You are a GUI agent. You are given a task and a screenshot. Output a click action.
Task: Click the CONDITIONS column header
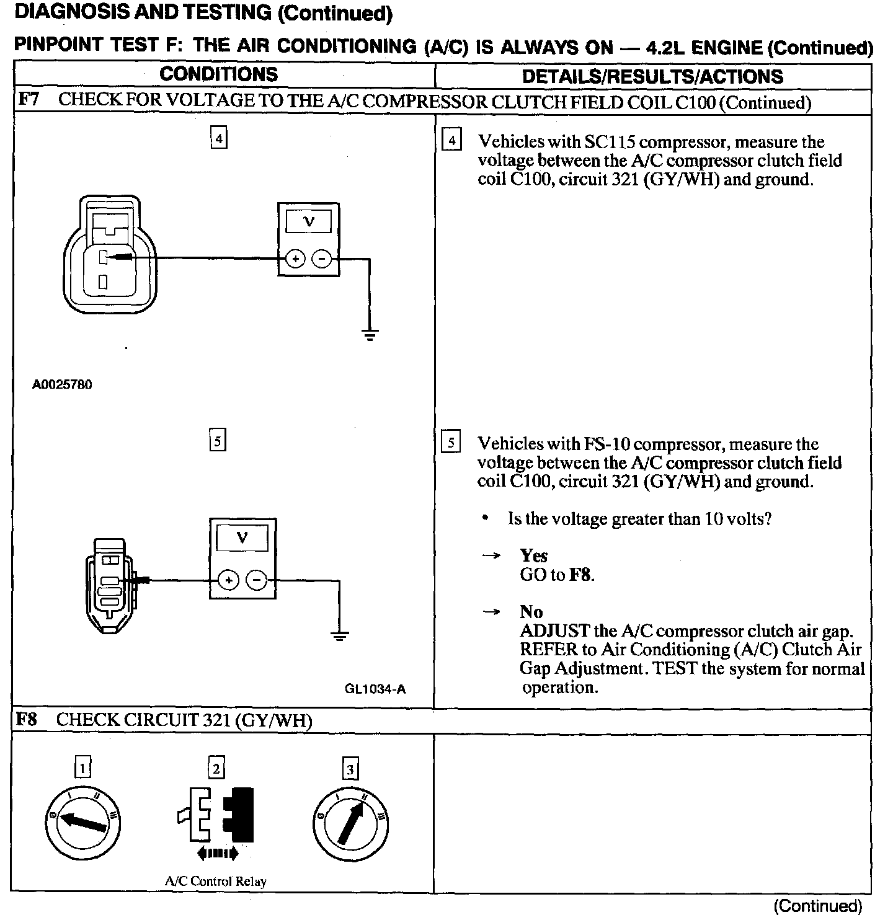(x=218, y=75)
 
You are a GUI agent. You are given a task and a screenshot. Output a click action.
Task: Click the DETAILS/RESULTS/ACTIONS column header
(x=652, y=76)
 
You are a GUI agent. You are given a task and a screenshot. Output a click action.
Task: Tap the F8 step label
(x=27, y=719)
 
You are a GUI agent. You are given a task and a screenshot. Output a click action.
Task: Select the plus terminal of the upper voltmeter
(x=295, y=258)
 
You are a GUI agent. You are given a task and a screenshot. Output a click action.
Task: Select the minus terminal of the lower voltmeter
(x=256, y=580)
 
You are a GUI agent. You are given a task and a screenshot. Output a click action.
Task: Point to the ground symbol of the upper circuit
(x=370, y=335)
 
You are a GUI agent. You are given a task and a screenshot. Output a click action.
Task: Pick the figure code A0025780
(x=62, y=384)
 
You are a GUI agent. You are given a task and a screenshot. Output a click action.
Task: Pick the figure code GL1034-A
(x=375, y=689)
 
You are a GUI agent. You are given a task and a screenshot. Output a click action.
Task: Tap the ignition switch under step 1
(x=83, y=822)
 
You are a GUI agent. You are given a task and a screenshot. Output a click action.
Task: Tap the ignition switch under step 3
(x=350, y=822)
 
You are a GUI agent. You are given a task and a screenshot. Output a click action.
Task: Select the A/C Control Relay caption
(x=216, y=881)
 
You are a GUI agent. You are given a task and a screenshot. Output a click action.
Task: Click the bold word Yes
(x=533, y=555)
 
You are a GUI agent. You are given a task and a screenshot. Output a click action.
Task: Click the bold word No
(x=531, y=612)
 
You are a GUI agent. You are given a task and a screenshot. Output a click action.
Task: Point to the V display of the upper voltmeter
(x=308, y=221)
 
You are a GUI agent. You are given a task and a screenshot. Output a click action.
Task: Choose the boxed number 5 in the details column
(x=451, y=442)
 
